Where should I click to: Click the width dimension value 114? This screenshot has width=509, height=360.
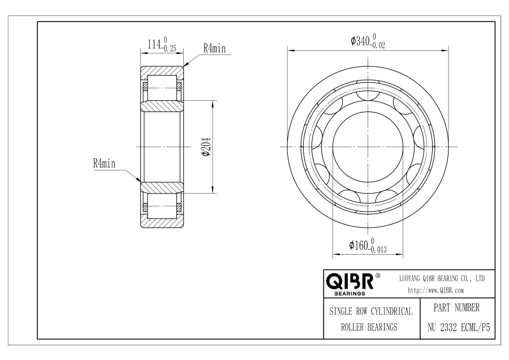154,44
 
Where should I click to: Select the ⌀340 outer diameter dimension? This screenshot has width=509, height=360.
368,41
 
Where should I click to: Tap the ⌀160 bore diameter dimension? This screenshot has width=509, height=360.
368,245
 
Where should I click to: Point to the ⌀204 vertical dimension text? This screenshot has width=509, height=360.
206,147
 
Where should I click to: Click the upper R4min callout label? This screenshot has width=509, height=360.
214,48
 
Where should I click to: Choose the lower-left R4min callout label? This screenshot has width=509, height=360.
104,163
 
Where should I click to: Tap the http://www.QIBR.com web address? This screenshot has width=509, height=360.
435,290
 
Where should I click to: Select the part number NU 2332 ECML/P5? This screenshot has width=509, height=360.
458,328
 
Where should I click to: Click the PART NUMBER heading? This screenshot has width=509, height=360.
456,308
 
